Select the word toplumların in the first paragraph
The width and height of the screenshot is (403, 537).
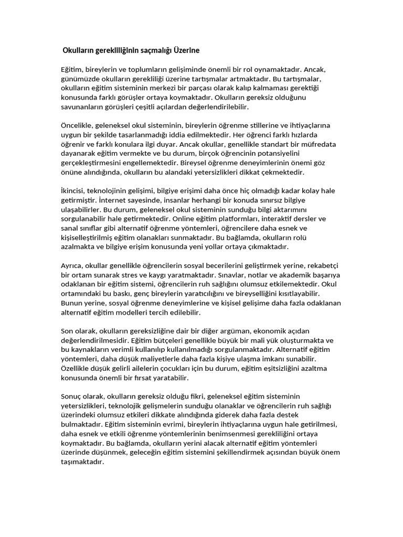140,70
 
